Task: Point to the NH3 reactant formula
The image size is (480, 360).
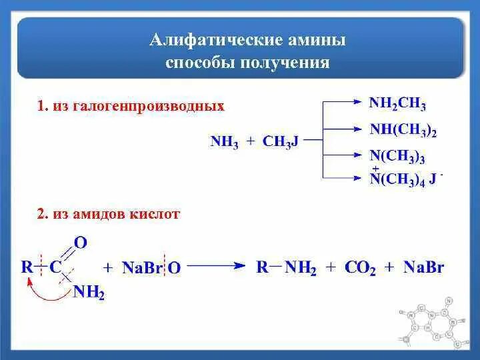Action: click(224, 141)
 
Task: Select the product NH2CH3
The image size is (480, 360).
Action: click(398, 104)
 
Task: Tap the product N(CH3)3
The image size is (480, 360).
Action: click(397, 157)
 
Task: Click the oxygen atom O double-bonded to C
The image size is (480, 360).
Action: click(80, 244)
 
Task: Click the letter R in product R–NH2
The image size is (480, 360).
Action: click(263, 267)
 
